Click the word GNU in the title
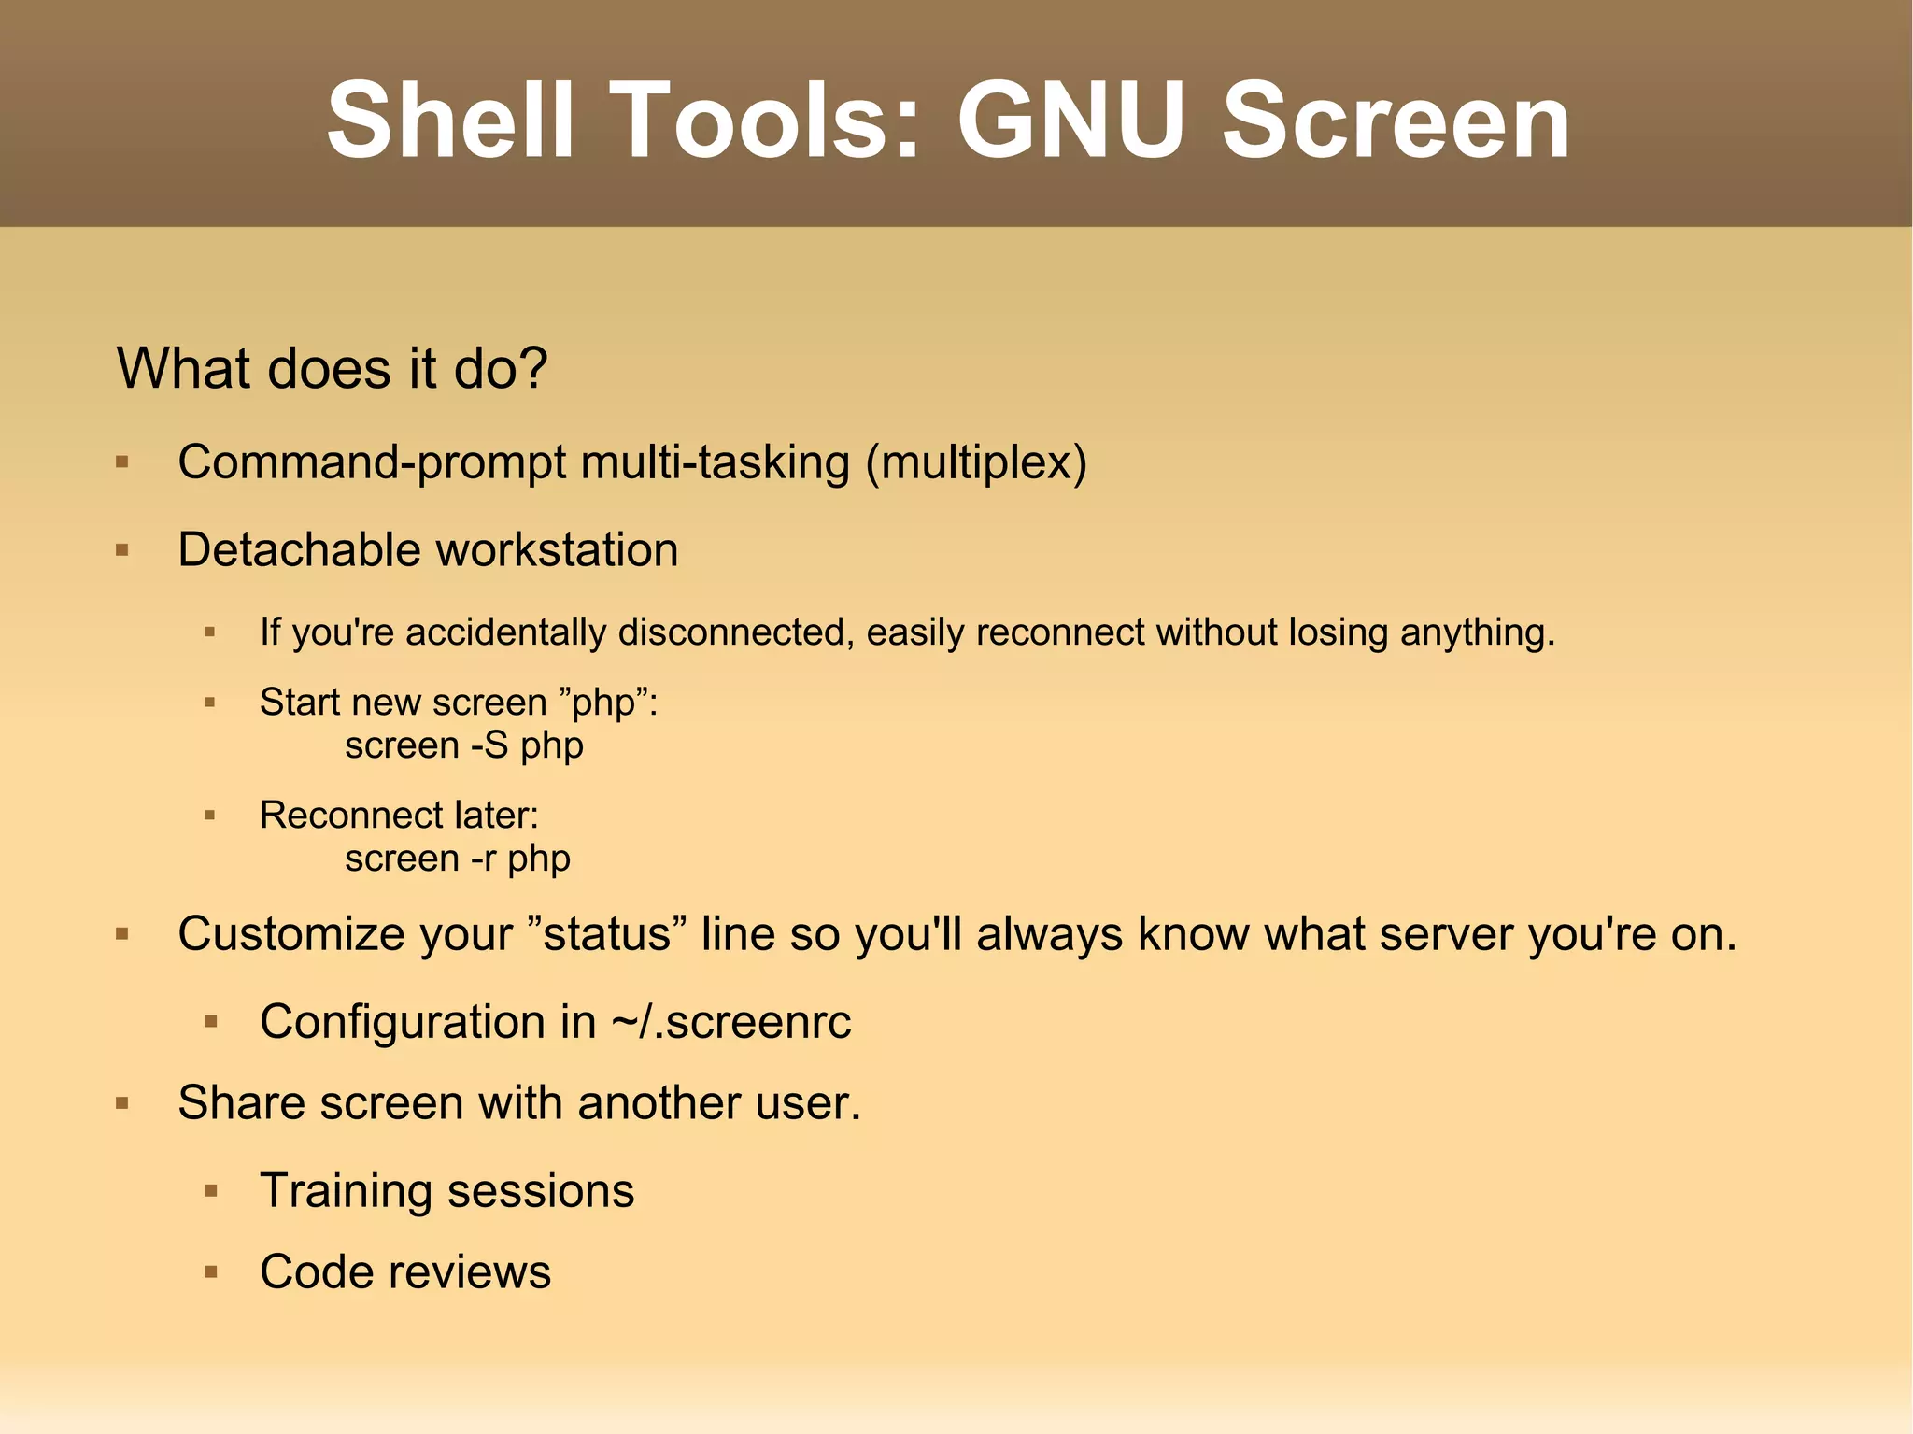[1070, 121]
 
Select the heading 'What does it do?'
[332, 368]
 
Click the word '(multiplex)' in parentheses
[976, 462]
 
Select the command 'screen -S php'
[464, 745]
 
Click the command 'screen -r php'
[458, 859]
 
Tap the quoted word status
[607, 934]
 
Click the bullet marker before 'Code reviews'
[210, 1272]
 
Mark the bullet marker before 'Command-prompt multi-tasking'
[122, 461]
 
